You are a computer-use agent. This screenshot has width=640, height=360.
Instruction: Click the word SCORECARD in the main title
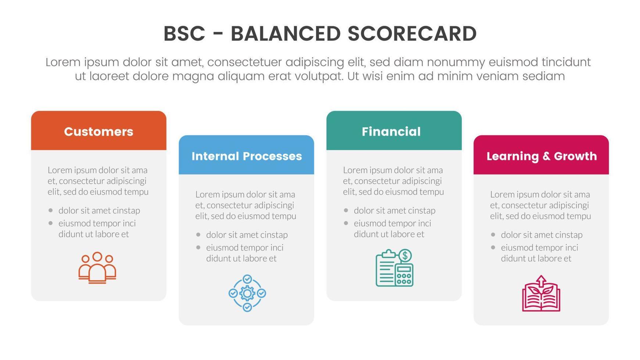pos(412,34)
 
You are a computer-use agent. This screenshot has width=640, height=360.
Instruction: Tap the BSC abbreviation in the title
pos(184,34)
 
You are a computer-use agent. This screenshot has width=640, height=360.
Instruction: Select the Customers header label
pos(98,132)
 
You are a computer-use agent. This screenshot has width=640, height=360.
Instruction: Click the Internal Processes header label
pos(247,156)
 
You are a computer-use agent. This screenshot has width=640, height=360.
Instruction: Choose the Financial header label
pos(391,132)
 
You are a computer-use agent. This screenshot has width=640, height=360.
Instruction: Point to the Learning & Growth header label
pos(542,156)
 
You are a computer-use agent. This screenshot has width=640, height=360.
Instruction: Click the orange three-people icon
pos(97,267)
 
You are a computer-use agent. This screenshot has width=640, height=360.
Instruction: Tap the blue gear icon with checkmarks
pos(247,293)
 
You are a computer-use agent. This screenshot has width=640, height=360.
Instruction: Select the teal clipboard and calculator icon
pos(395,268)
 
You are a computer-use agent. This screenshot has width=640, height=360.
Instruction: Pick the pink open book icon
pos(541,294)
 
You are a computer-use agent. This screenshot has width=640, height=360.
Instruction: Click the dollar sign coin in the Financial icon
pos(405,255)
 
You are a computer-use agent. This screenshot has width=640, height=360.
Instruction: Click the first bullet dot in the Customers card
pos(50,210)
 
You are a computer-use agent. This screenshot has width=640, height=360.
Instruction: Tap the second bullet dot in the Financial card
pos(346,223)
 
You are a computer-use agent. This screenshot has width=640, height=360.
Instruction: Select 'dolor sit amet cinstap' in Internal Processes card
pos(247,235)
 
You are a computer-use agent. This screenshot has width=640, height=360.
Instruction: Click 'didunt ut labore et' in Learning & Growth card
pos(536,259)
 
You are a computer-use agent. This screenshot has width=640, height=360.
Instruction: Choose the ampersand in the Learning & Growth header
pos(546,156)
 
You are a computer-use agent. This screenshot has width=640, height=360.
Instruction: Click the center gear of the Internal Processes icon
pos(247,293)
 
